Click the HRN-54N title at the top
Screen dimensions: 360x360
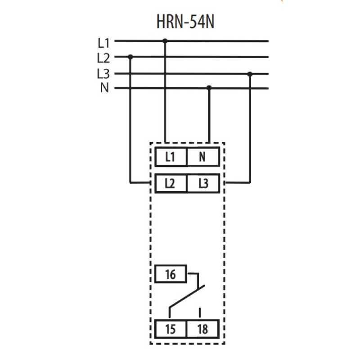click(x=185, y=22)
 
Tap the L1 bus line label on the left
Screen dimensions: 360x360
click(x=104, y=43)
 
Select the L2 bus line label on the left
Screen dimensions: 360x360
click(x=103, y=58)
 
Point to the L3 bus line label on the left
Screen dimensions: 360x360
click(x=103, y=74)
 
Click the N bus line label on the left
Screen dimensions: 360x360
click(x=104, y=87)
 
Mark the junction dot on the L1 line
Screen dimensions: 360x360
click(x=165, y=41)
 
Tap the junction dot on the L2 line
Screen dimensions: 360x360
click(x=130, y=57)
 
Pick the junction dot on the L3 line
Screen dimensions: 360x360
click(x=250, y=74)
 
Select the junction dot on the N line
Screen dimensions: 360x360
click(x=209, y=87)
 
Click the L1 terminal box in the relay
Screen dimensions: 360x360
click(x=171, y=157)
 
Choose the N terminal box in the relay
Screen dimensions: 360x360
click(x=203, y=157)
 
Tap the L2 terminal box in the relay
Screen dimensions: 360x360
click(x=171, y=183)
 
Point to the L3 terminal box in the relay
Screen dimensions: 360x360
click(x=203, y=183)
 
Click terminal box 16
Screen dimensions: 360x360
click(x=171, y=274)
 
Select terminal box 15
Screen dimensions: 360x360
click(x=171, y=329)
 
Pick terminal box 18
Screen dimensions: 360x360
click(x=203, y=329)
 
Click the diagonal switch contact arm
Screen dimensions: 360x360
click(x=187, y=296)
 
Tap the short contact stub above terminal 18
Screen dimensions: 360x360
click(x=200, y=313)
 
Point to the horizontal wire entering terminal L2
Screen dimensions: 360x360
click(x=139, y=183)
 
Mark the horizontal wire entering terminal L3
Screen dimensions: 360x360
click(x=238, y=183)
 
